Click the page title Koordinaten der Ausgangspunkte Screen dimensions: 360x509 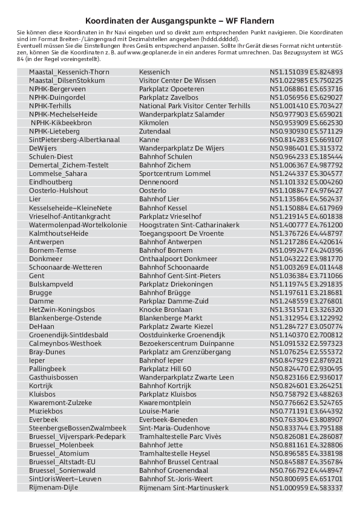[180, 20]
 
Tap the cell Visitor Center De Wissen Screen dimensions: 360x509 [177, 80]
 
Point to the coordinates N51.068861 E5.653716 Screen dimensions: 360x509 [306, 88]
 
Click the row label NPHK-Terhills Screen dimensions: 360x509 [50, 105]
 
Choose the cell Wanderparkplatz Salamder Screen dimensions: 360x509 [182, 114]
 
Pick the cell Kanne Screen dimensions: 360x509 [149, 140]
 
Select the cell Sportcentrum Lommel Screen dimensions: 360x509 [174, 173]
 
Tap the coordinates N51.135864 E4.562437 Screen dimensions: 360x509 [306, 199]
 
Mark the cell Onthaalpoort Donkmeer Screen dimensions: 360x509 [176, 258]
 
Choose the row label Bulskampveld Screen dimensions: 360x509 [51, 284]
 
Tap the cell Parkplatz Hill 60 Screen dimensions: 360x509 [165, 368]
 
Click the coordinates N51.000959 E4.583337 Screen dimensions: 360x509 [306, 487]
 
